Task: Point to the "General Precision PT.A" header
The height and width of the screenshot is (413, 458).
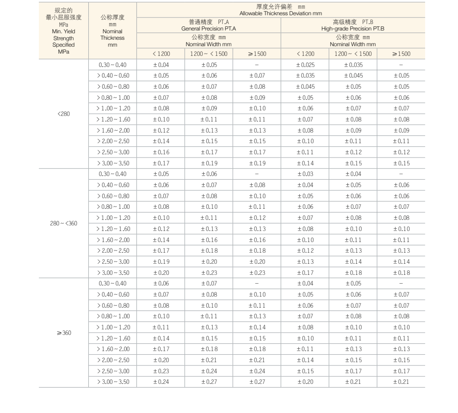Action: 209,29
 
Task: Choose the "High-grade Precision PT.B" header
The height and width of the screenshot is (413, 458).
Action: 353,29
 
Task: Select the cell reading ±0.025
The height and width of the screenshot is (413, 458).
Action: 305,65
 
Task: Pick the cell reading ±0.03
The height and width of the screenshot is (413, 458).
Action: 305,174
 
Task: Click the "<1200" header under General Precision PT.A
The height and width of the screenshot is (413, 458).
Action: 161,54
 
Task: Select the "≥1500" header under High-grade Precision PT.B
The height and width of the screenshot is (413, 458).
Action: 401,54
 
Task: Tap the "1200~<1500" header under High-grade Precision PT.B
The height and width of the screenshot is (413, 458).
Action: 353,54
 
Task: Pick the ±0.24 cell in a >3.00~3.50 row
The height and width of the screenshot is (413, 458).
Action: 161,382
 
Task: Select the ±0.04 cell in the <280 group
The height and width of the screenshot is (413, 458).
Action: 161,65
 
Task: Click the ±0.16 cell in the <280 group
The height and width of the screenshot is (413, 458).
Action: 161,152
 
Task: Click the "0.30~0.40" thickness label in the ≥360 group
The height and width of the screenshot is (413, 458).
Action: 112,283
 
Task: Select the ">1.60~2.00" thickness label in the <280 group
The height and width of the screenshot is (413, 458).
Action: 112,130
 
